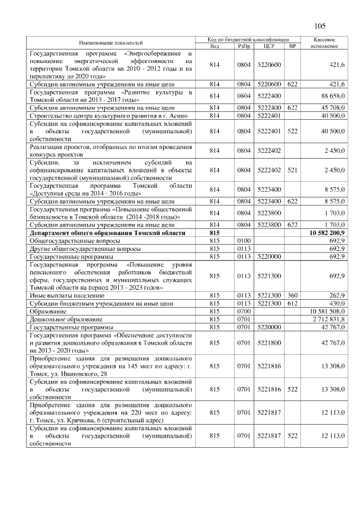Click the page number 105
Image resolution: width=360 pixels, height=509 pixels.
click(x=320, y=26)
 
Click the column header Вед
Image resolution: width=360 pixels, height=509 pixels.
click(x=214, y=46)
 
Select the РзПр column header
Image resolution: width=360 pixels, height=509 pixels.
click(x=244, y=46)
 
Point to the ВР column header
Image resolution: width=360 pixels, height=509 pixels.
click(x=292, y=46)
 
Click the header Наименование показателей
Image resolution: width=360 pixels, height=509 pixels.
click(x=110, y=43)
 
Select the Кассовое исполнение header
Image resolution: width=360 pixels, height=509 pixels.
click(x=324, y=43)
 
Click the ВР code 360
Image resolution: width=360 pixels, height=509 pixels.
click(x=292, y=295)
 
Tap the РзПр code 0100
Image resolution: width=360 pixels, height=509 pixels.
click(x=244, y=240)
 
